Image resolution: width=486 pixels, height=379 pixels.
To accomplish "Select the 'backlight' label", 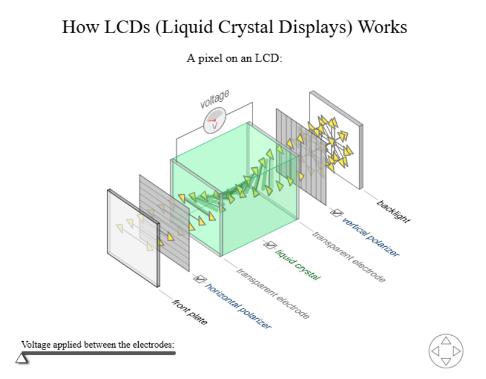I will (x=394, y=211).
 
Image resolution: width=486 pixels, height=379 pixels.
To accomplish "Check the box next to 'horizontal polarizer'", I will (x=200, y=278).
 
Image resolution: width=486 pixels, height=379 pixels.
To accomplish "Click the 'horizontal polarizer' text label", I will (x=238, y=306).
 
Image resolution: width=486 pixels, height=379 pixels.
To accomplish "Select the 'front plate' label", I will (x=190, y=313).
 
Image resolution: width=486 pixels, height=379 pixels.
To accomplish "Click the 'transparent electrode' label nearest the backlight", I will (x=349, y=257).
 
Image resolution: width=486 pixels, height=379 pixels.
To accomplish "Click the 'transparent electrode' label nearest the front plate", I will (x=273, y=294).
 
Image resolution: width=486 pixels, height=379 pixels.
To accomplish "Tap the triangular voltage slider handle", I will (x=22, y=358).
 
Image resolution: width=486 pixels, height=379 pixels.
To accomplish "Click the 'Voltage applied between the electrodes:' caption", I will (x=98, y=344).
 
